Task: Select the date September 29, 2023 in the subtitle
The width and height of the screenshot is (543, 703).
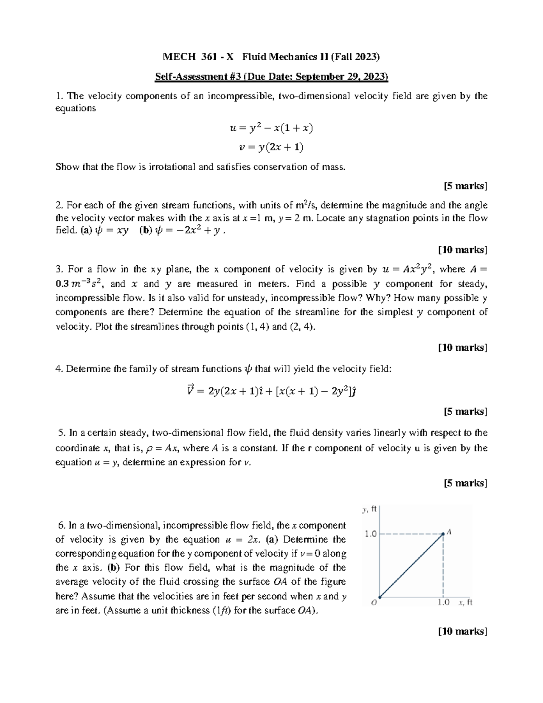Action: [x=342, y=77]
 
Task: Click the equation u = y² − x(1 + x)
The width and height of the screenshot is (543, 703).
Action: [x=271, y=129]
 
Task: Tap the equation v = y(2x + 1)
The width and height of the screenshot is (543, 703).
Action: [x=271, y=148]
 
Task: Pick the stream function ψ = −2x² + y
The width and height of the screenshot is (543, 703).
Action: [x=187, y=231]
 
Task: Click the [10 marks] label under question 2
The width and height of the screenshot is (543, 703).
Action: [x=462, y=250]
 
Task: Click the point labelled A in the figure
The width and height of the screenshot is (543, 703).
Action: [x=449, y=532]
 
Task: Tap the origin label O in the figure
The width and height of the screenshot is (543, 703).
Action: [x=374, y=603]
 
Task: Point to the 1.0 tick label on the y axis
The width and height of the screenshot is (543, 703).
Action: [x=371, y=534]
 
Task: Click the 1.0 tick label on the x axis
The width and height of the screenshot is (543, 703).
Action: [x=443, y=603]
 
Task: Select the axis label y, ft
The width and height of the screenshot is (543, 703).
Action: [x=369, y=510]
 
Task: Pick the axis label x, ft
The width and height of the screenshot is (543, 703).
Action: [x=465, y=603]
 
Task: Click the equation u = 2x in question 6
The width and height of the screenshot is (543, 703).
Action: [x=242, y=540]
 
